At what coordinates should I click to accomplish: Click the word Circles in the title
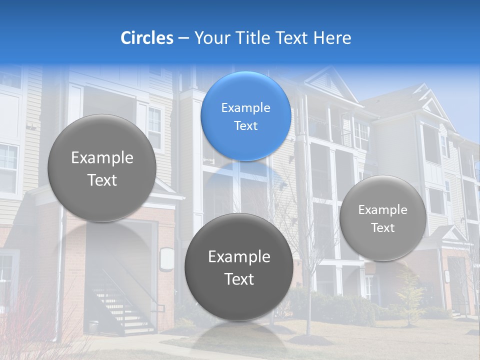pos(147,38)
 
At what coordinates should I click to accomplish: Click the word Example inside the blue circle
pos(245,108)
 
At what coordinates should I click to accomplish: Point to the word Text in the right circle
pos(383,228)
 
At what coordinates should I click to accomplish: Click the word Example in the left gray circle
pos(102,158)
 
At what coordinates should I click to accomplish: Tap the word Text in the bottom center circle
pos(239,279)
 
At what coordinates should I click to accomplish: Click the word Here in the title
pos(332,38)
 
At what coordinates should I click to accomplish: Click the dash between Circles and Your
pos(183,38)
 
